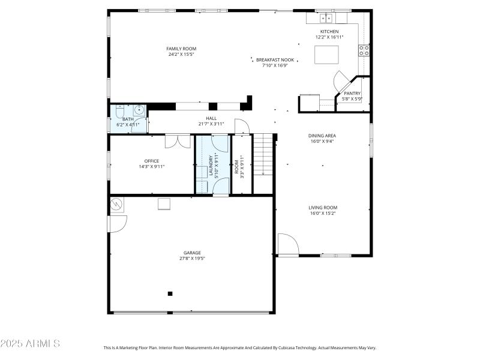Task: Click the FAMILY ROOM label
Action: tap(181, 49)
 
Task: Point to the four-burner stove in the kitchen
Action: tap(364, 50)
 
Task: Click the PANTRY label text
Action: tap(352, 93)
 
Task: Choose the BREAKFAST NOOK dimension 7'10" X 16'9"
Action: tap(275, 65)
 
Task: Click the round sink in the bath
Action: tap(139, 109)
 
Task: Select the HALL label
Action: tap(211, 118)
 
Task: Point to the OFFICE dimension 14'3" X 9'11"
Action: tap(151, 166)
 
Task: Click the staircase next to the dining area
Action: tap(262, 155)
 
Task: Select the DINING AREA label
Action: tap(322, 136)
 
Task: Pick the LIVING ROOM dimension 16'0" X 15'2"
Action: tap(322, 213)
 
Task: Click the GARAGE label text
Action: tap(192, 253)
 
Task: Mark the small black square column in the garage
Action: tap(170, 293)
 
